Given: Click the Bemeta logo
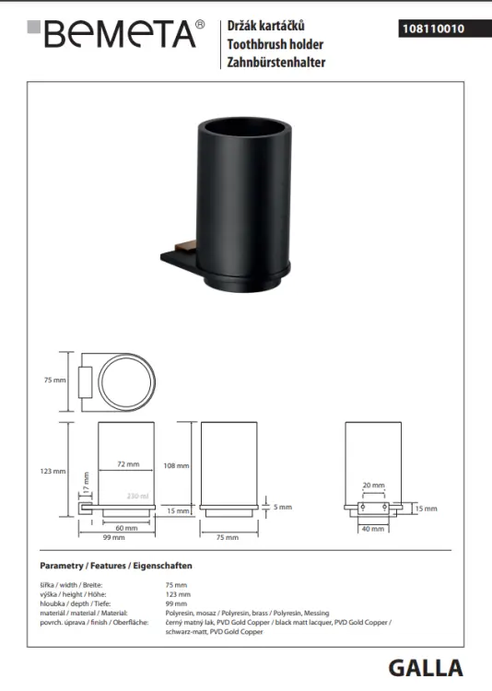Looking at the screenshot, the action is (x=116, y=34).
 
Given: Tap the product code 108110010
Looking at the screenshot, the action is (x=433, y=29).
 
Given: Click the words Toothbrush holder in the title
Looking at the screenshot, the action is (x=275, y=44).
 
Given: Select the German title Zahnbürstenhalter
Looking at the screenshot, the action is (x=276, y=62).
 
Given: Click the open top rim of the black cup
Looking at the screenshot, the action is (x=245, y=124).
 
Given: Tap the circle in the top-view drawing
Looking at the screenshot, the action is (x=126, y=382).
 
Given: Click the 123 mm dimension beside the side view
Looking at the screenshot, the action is (x=53, y=471).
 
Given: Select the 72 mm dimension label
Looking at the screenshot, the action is (x=128, y=464).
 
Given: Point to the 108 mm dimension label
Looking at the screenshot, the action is (x=176, y=465).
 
